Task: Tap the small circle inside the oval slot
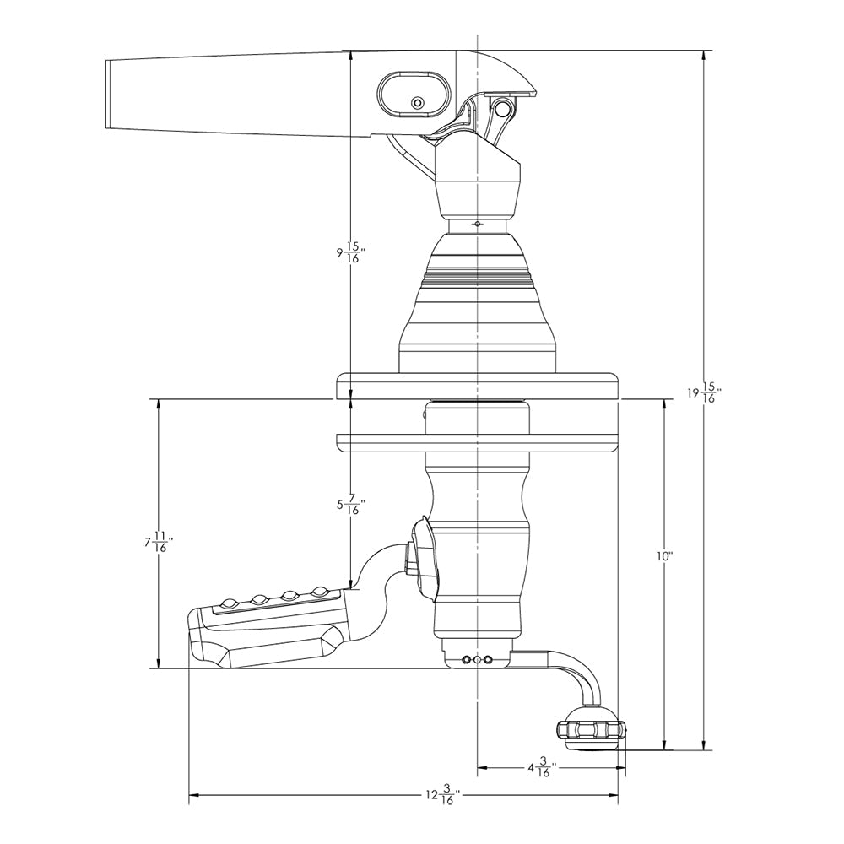click(416, 103)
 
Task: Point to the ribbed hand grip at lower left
click(262, 629)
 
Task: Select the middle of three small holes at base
click(478, 660)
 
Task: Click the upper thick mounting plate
click(478, 387)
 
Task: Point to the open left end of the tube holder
click(107, 95)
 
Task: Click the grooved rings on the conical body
click(478, 278)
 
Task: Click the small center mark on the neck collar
click(478, 225)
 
